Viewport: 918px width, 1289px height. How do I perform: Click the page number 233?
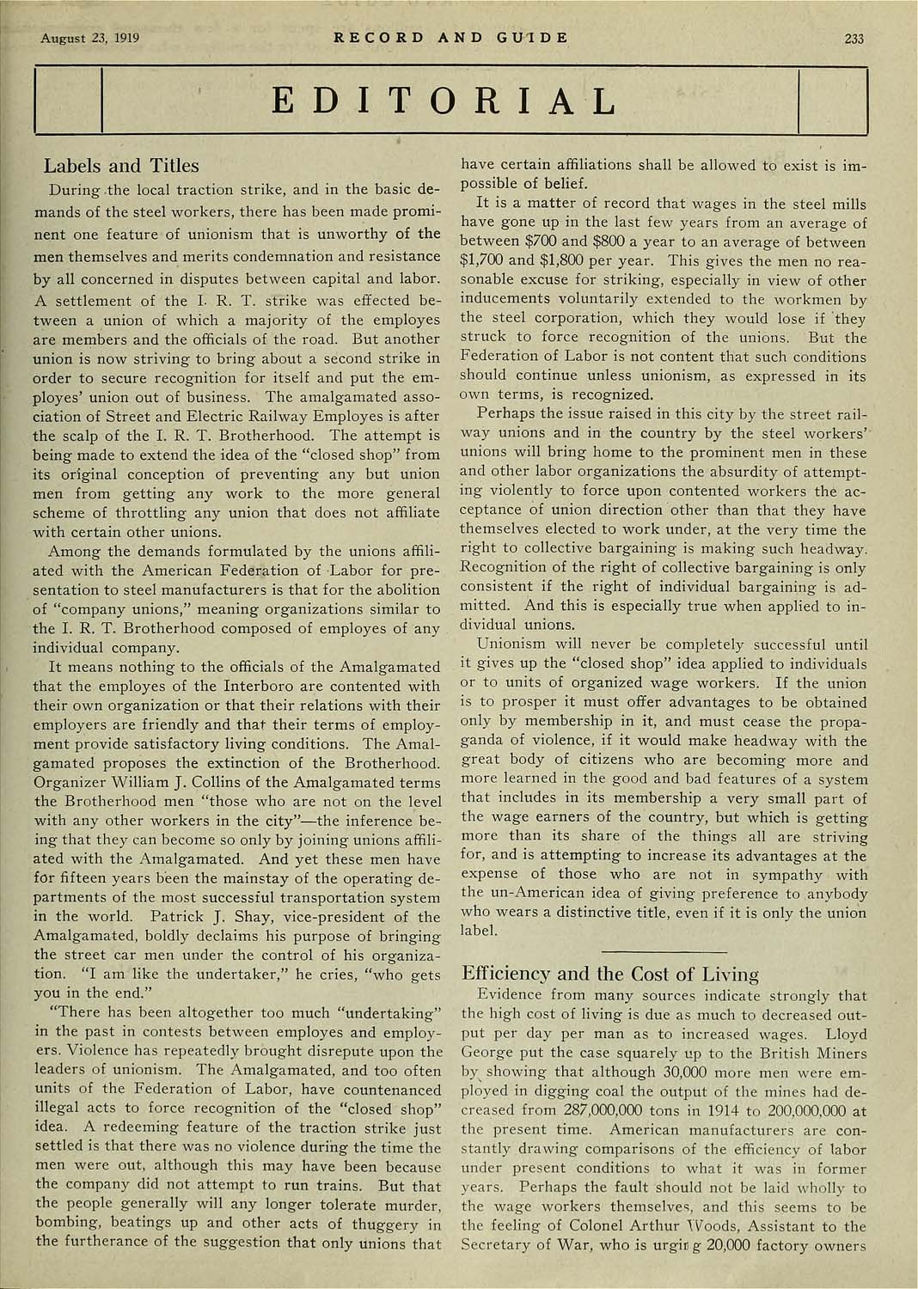854,39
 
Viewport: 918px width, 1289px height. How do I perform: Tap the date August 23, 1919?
89,39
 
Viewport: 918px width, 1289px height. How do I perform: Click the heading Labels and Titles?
121,166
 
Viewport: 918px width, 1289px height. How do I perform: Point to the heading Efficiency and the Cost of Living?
610,974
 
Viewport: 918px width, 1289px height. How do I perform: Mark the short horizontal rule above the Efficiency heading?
665,951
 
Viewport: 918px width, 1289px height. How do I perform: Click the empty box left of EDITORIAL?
68,101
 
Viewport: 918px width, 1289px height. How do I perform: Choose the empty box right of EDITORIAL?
832,101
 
